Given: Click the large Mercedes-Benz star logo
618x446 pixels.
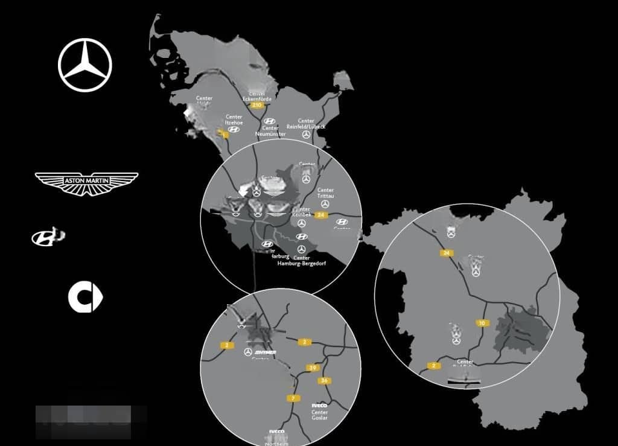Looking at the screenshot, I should pos(85,65).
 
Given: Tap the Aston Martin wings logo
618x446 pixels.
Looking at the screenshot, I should pos(86,182).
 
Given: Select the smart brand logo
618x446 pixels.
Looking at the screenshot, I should pos(85,297).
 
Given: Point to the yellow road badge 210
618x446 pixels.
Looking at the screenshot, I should pos(258,105).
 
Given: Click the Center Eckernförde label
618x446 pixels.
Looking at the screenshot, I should pos(258,97).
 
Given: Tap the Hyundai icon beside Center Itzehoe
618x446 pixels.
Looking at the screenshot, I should pos(234,129).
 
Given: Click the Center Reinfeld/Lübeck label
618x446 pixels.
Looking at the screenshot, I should pos(306,124).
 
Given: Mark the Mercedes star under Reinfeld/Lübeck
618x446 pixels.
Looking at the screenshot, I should pos(306,135).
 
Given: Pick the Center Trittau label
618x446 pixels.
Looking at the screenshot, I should pos(325,193).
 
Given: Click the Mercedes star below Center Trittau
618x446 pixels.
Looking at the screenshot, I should pos(325,204).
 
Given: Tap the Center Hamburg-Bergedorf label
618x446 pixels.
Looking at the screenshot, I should pos(301,261).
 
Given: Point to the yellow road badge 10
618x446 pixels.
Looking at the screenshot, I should pos(481,323).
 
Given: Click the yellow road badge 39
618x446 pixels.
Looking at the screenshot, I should pos(312,368).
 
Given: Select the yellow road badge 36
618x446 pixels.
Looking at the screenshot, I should pos(324,380).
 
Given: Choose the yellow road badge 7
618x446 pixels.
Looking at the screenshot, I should pos(293,398).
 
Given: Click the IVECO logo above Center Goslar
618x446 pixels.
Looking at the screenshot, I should pos(319,406).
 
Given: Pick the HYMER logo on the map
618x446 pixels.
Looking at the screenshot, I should pos(266,352).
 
